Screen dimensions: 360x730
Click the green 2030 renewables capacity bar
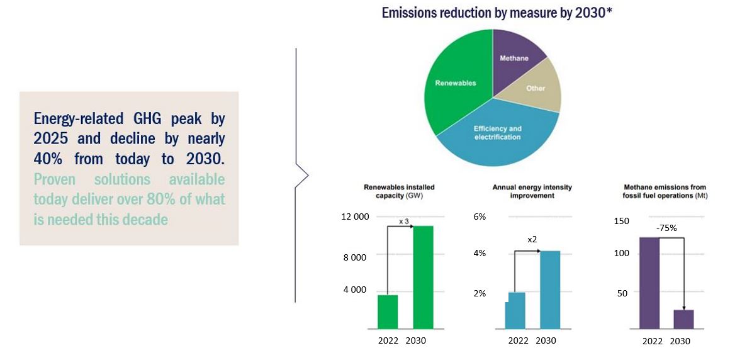pos(423,277)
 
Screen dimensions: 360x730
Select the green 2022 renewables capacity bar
pos(388,312)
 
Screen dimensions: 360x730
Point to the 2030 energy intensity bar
pos(550,290)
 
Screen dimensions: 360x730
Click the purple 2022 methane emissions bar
pos(649,283)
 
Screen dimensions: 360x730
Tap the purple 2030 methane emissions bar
pos(683,319)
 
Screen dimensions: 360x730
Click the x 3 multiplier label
pos(405,222)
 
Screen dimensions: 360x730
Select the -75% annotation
pos(666,228)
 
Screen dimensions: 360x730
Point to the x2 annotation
pos(532,239)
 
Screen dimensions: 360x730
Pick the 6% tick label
pos(479,217)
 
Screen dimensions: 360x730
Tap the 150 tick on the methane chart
pos(621,221)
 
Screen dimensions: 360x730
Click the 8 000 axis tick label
pos(354,257)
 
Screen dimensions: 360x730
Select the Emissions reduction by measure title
pos(497,13)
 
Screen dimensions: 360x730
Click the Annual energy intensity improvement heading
pos(523,191)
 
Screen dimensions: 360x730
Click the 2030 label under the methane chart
pos(680,341)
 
